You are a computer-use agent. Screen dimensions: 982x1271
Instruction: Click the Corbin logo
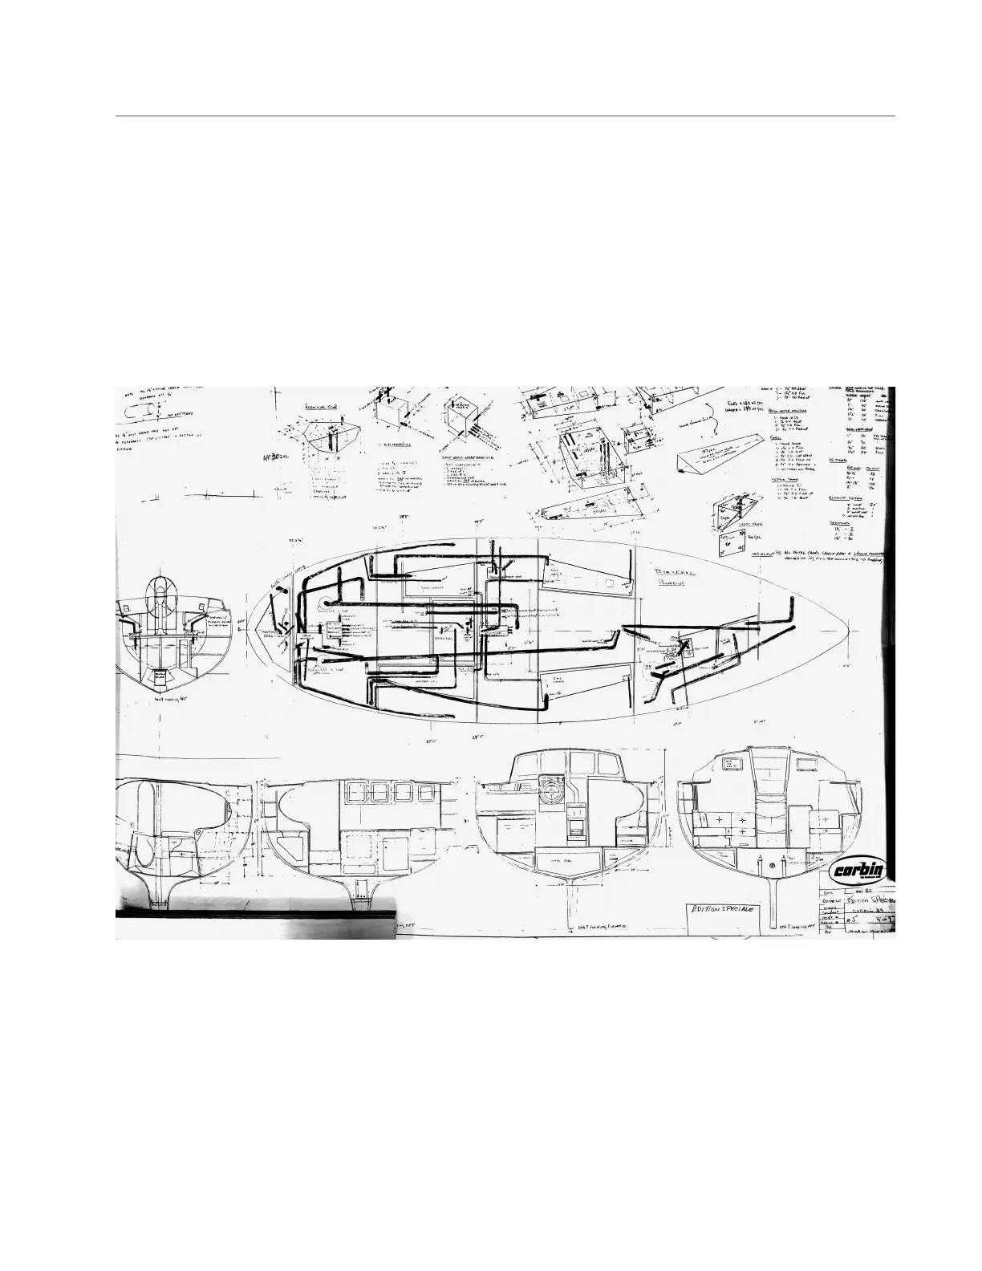coord(858,871)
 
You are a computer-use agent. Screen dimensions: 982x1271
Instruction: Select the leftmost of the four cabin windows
coord(355,793)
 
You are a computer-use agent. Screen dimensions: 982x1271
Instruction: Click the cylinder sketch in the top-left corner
coord(143,412)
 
